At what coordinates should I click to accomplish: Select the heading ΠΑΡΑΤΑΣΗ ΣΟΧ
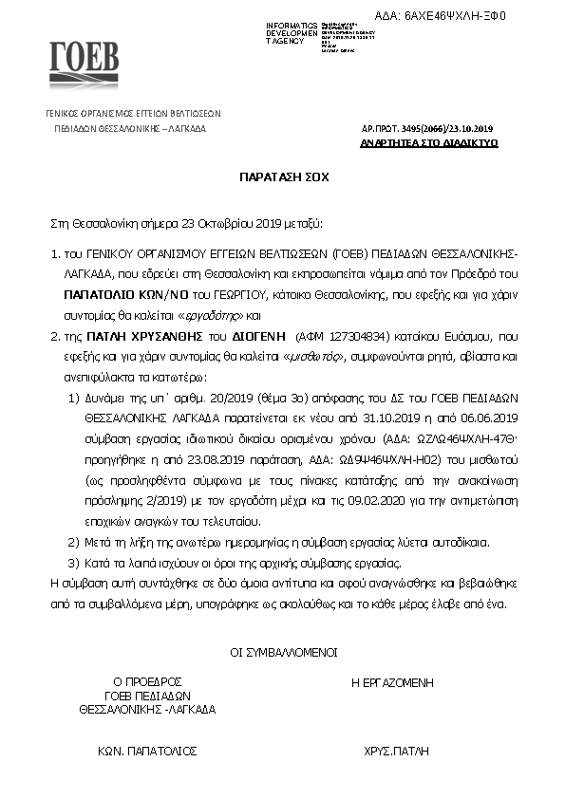[x=282, y=177]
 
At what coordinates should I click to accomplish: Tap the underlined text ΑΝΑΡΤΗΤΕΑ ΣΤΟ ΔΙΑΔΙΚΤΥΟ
[x=430, y=142]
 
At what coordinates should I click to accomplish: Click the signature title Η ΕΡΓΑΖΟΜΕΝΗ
[x=391, y=682]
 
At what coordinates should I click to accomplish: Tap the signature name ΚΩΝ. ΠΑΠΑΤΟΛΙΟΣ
[x=147, y=750]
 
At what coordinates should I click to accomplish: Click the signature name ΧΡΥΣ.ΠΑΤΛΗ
[x=391, y=750]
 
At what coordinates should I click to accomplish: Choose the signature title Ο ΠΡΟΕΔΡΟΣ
[x=147, y=681]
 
